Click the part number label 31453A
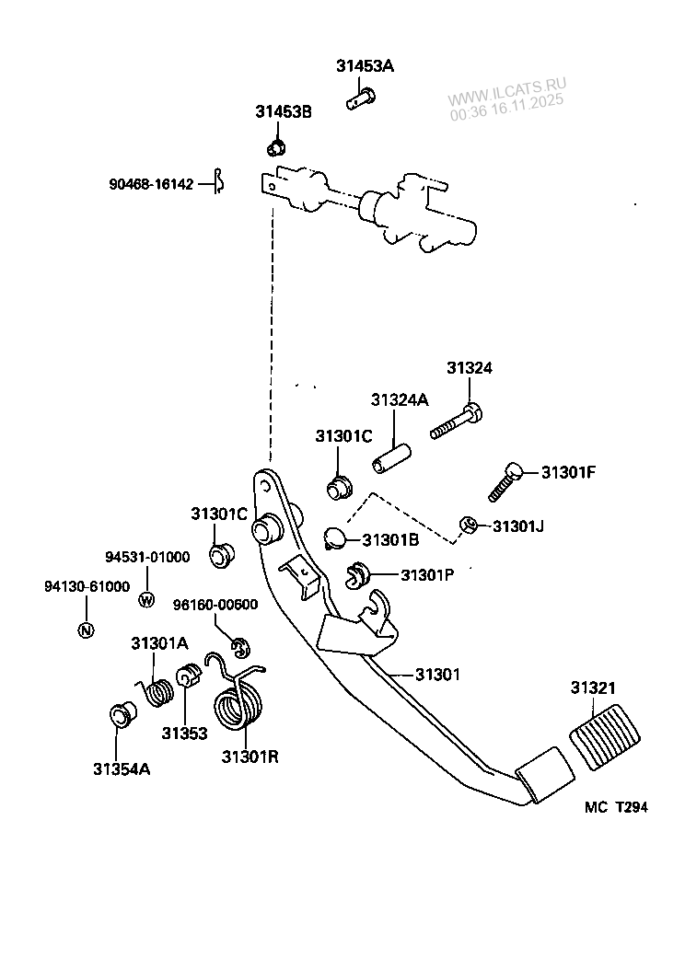[366, 65]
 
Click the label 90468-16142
[150, 184]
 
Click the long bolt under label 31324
[455, 423]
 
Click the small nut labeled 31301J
[468, 526]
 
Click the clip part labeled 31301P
[357, 575]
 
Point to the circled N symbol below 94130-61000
[86, 630]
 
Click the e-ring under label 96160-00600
[239, 648]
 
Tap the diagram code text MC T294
[616, 807]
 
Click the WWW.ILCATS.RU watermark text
[508, 92]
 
